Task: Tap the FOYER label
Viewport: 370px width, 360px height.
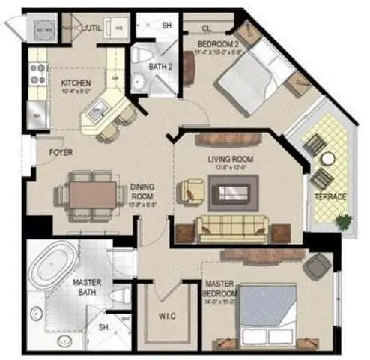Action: click(61, 152)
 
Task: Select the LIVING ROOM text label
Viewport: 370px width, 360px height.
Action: click(231, 160)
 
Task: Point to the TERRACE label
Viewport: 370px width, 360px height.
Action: click(330, 196)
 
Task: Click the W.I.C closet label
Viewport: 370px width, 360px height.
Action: click(166, 316)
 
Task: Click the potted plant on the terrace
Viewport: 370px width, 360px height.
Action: click(344, 221)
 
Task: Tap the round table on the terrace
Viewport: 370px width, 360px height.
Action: click(327, 159)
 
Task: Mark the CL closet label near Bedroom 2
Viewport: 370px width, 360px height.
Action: click(206, 28)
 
